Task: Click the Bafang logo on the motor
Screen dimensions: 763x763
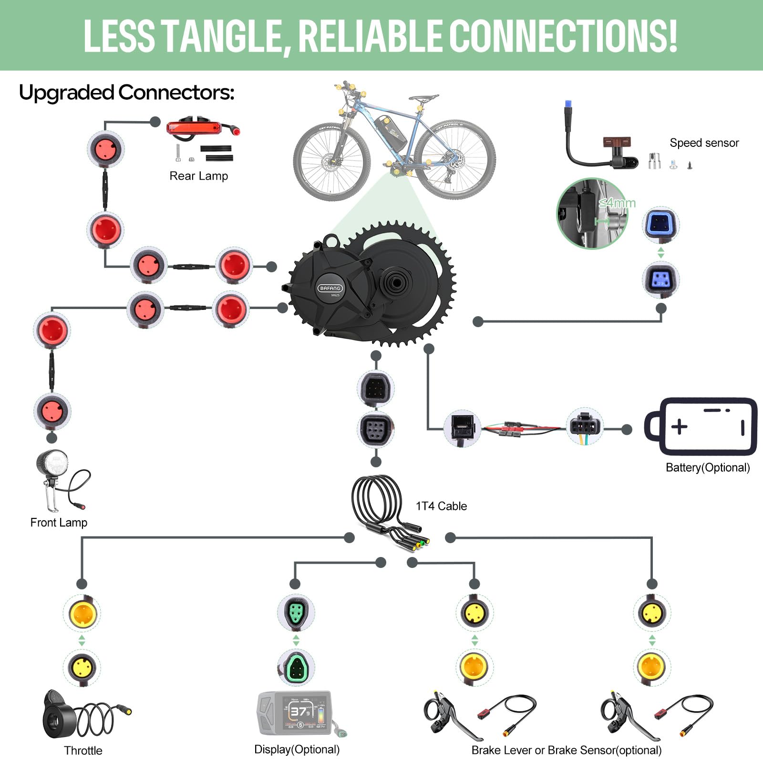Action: (x=330, y=288)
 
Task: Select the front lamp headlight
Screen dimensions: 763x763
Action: (x=53, y=463)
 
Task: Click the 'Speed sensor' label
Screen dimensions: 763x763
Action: (x=704, y=143)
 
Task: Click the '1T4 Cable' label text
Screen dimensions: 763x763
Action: (x=441, y=506)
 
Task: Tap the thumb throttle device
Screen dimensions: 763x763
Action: (x=62, y=715)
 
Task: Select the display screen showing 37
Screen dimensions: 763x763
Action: (x=305, y=712)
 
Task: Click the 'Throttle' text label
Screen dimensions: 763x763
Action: (x=83, y=751)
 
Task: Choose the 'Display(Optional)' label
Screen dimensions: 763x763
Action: (x=297, y=749)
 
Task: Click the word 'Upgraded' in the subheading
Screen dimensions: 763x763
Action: (x=67, y=93)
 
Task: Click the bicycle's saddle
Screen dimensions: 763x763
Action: (x=423, y=98)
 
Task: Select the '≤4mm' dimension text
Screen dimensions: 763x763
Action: (x=617, y=203)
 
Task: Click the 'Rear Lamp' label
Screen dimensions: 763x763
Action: (x=198, y=176)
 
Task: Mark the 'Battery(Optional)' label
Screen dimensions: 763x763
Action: (x=708, y=467)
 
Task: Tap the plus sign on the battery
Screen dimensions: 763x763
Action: (x=679, y=426)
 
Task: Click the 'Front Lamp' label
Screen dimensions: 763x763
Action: (x=59, y=523)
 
